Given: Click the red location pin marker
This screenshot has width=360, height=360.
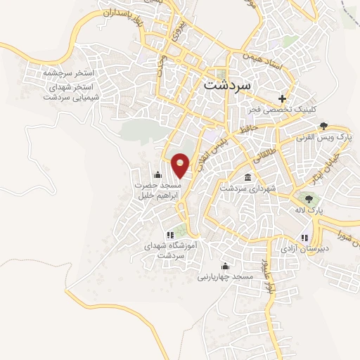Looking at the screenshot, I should pyautogui.click(x=181, y=165).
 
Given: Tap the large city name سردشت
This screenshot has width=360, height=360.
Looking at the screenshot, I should pyautogui.click(x=231, y=84).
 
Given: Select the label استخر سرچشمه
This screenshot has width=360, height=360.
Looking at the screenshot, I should pyautogui.click(x=63, y=72).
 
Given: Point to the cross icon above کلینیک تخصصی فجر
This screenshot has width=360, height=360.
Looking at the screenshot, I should pyautogui.click(x=283, y=98).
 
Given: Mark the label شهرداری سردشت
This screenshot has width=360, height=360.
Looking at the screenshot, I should pyautogui.click(x=245, y=188).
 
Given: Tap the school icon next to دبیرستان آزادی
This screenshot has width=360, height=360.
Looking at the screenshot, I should pyautogui.click(x=304, y=238).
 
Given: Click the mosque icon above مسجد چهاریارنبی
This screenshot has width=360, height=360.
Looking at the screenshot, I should pyautogui.click(x=225, y=266).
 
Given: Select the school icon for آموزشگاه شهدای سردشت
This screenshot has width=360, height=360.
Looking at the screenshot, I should pyautogui.click(x=169, y=235).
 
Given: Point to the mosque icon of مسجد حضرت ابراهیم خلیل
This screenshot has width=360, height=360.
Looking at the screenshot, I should pyautogui.click(x=157, y=175).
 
